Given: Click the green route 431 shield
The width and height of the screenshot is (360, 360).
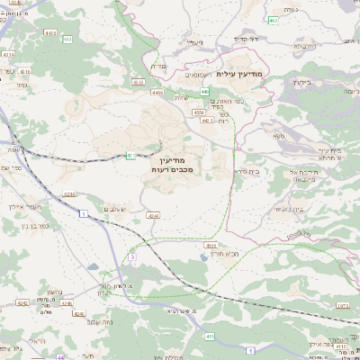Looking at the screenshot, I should [130, 155].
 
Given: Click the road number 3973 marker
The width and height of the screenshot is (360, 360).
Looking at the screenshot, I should [342, 306].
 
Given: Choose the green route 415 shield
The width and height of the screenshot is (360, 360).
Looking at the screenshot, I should [211, 336].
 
